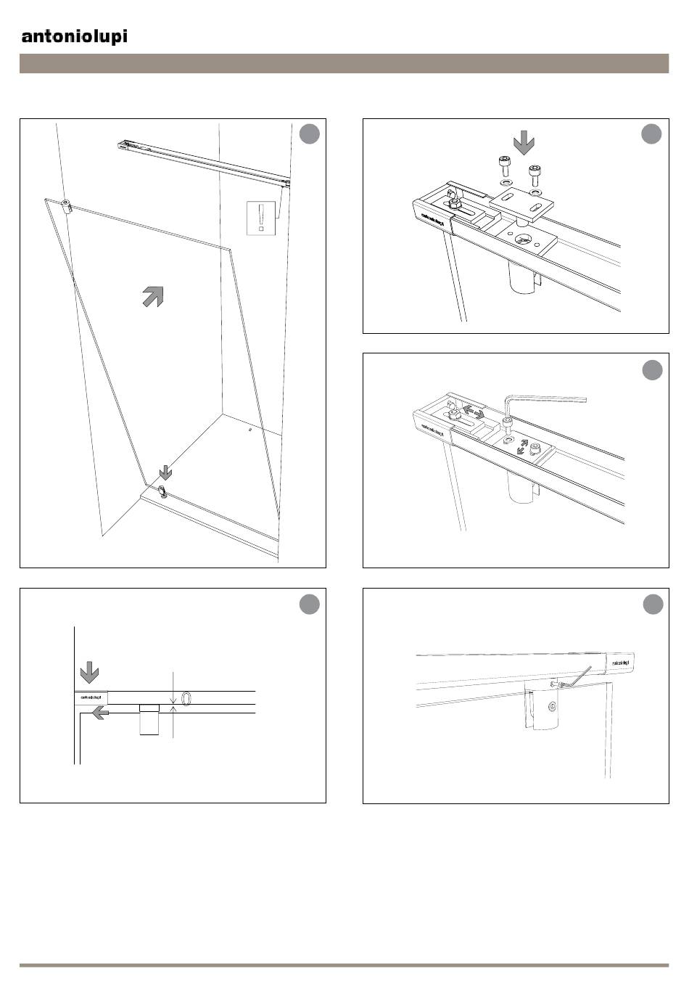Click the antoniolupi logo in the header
74,36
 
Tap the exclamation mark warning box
260,218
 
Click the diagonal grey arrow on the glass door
152,296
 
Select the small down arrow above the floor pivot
166,472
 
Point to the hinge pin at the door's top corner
66,205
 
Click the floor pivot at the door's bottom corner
164,492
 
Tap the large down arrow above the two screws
522,142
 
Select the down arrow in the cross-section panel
89,672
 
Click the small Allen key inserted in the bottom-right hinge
577,678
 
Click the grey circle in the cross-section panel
310,605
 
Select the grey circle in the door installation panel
310,134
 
